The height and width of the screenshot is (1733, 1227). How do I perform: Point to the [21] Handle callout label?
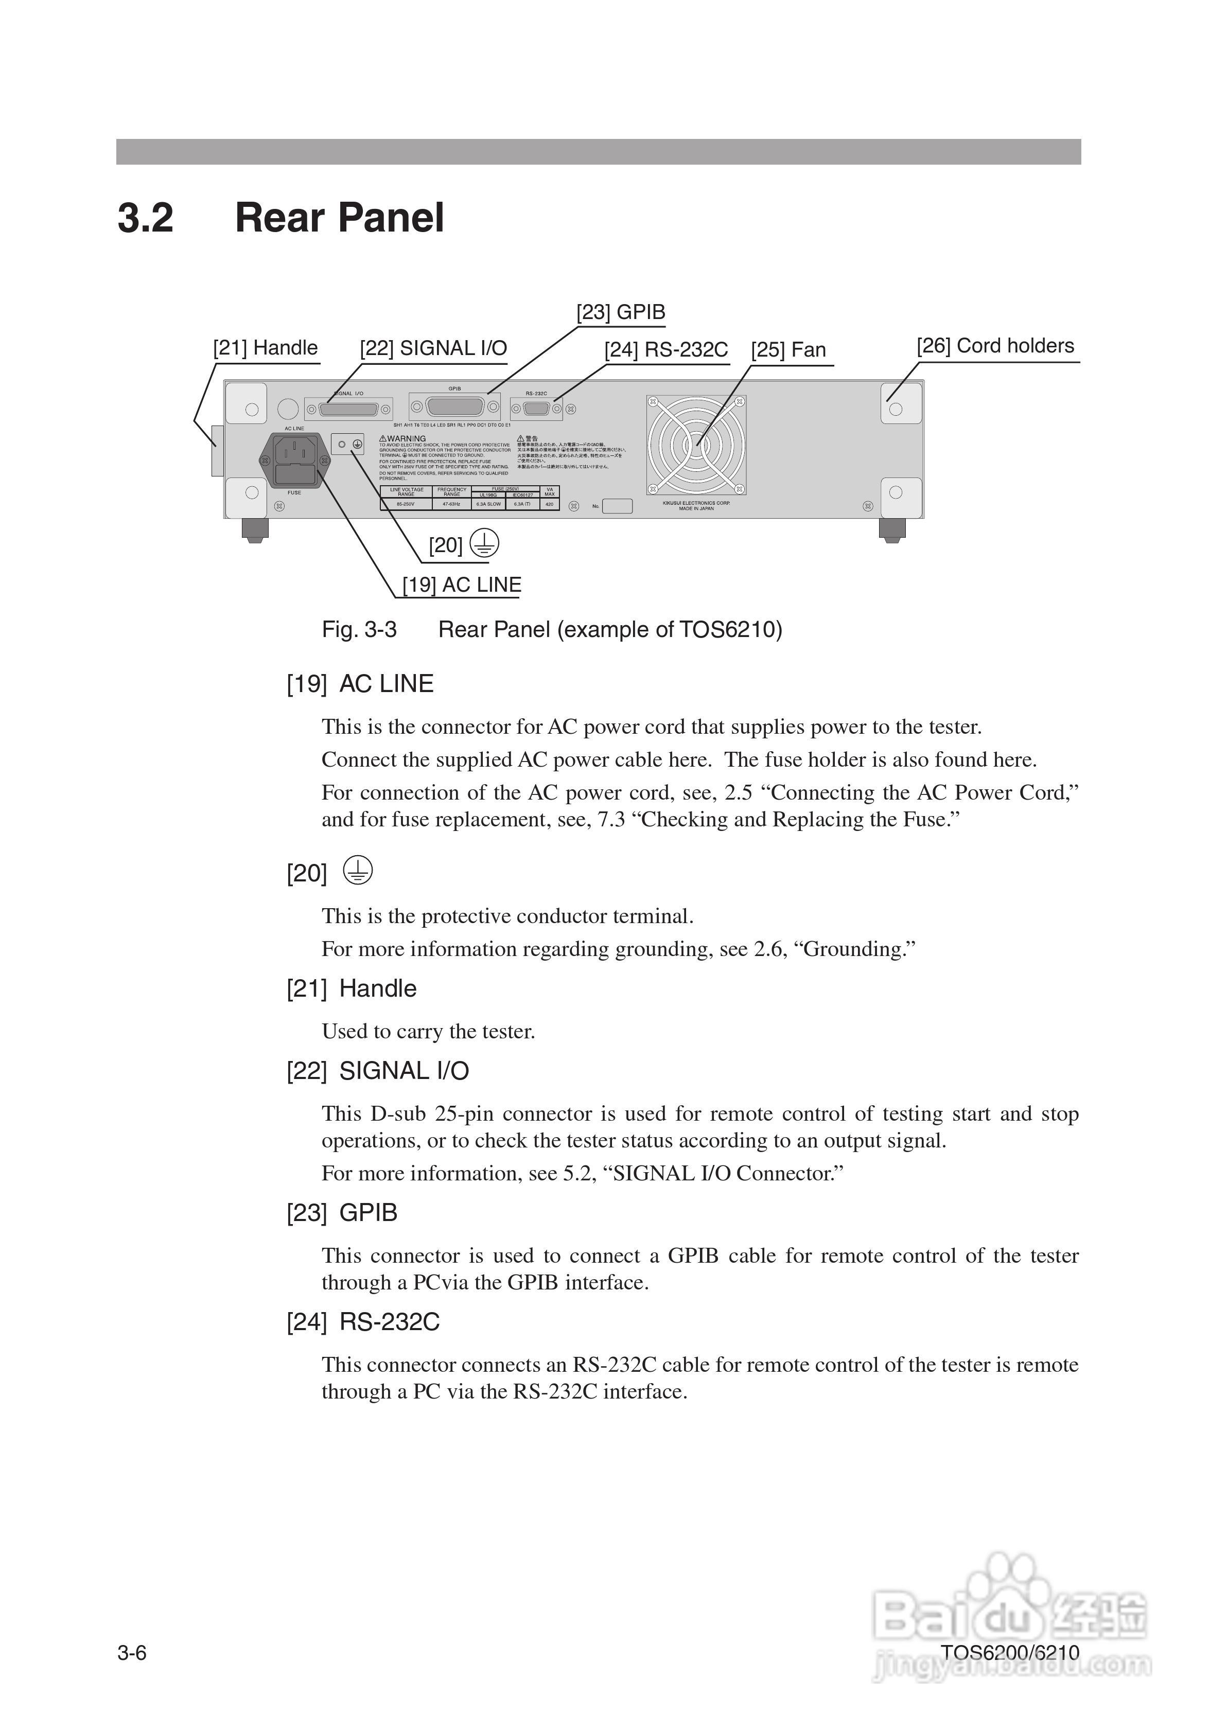(265, 348)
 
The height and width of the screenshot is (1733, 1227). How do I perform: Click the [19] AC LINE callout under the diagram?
(461, 585)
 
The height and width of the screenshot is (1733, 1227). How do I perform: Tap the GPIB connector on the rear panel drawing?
(455, 408)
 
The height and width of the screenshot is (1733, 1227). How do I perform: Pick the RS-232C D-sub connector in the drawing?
(536, 409)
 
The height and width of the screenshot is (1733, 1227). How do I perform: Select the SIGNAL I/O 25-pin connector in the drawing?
(348, 409)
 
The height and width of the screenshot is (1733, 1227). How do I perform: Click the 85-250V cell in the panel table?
(406, 504)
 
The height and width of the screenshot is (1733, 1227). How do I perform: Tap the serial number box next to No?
(617, 506)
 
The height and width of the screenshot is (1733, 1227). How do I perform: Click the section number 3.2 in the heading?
(145, 218)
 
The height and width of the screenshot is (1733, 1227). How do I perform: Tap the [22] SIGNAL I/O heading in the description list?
(378, 1071)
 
